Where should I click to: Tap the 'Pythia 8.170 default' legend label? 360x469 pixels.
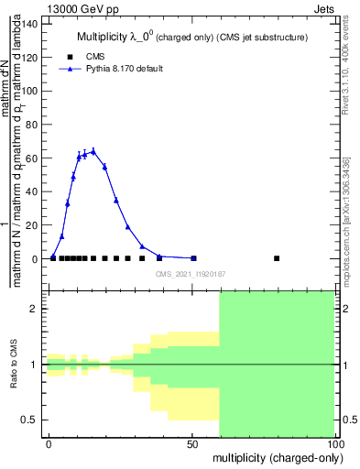click(x=125, y=69)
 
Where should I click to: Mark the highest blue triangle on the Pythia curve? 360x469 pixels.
click(x=93, y=151)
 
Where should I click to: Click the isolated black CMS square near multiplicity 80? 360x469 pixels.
click(x=277, y=258)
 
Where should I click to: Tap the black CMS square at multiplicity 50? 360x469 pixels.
click(x=193, y=258)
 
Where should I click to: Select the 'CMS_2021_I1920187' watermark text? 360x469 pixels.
click(x=190, y=274)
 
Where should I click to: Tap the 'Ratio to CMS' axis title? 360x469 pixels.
click(x=14, y=365)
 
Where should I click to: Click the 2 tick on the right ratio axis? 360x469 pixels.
click(x=343, y=309)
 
